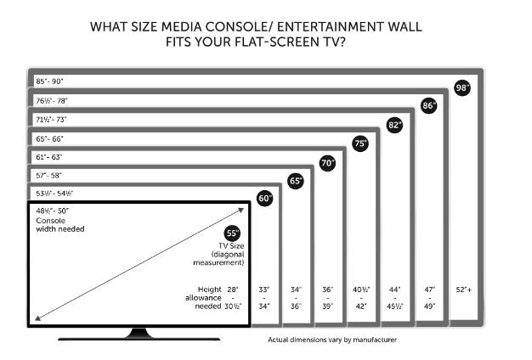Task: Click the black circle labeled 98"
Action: [462, 87]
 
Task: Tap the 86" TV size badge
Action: [429, 106]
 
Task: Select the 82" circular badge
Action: [394, 125]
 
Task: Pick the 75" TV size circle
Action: [360, 143]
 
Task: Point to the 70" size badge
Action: [327, 162]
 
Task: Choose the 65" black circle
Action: [296, 181]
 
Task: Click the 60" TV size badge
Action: [264, 199]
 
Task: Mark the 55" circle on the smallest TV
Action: [232, 233]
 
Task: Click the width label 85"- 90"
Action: [49, 82]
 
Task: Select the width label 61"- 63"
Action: [49, 156]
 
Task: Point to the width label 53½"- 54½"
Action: [54, 193]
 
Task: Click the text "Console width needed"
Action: [59, 224]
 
